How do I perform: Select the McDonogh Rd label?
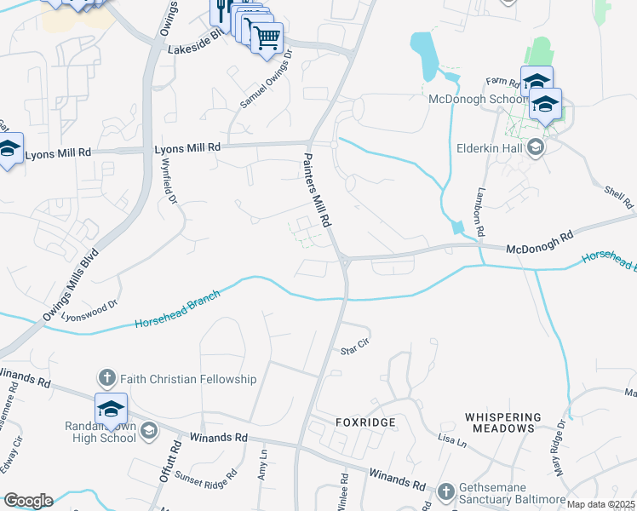pyautogui.click(x=540, y=249)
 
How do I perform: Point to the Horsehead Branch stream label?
pyautogui.click(x=177, y=311)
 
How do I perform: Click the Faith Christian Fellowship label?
pyautogui.click(x=187, y=379)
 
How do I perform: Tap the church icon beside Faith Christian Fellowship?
pyautogui.click(x=107, y=377)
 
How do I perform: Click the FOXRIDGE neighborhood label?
pyautogui.click(x=365, y=422)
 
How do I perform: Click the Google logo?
pyautogui.click(x=27, y=501)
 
